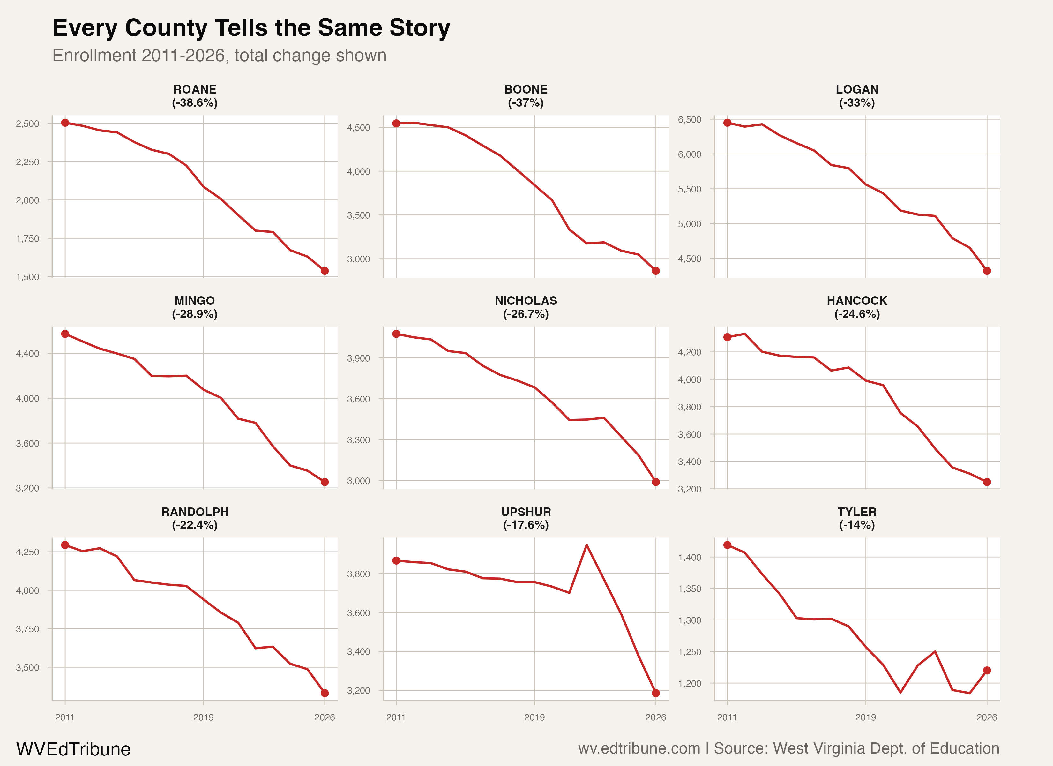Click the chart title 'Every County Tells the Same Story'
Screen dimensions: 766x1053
[x=251, y=28]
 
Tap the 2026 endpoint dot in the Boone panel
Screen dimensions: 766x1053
[x=655, y=271]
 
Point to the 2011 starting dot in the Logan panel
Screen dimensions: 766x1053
[x=727, y=123]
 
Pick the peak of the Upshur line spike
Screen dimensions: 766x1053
[x=586, y=545]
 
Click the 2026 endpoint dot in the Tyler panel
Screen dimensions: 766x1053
[x=987, y=670]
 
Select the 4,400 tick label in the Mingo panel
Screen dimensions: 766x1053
[x=27, y=354]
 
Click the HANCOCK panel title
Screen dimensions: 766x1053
[x=857, y=301]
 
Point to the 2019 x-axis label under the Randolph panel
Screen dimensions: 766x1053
[x=203, y=717]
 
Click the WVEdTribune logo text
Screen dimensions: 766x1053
[x=73, y=749]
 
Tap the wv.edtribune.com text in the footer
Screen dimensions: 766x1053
[x=639, y=748]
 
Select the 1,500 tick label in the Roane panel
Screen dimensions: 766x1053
[x=27, y=277]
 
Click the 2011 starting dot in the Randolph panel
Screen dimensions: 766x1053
[x=65, y=545]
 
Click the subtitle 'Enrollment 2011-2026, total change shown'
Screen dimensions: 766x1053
[x=219, y=55]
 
